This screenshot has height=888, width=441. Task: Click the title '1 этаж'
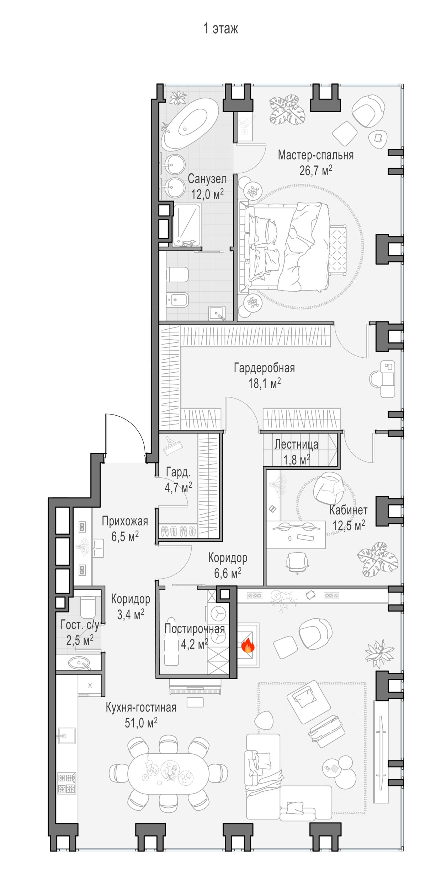click(x=220, y=28)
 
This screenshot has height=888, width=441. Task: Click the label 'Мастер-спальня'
click(x=316, y=155)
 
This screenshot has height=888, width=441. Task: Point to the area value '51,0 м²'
click(x=141, y=722)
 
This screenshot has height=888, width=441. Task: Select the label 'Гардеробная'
click(x=264, y=368)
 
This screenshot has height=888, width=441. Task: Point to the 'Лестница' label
click(x=296, y=444)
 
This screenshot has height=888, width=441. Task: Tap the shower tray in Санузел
click(x=187, y=225)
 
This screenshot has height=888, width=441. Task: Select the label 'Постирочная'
click(x=195, y=628)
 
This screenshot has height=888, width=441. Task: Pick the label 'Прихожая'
click(x=125, y=521)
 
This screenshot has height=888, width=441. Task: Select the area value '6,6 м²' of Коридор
click(x=228, y=573)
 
